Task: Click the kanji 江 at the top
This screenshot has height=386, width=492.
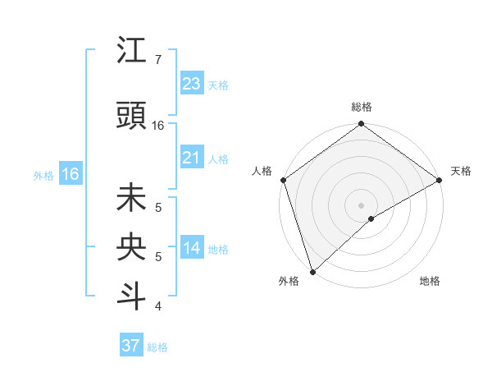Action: [131, 52]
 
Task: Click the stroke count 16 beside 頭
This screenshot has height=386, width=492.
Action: [158, 126]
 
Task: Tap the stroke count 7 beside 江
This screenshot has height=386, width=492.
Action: [157, 60]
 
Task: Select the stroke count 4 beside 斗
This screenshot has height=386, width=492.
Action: [157, 306]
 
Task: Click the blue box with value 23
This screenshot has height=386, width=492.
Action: [192, 83]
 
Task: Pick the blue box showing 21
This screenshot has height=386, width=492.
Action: [192, 157]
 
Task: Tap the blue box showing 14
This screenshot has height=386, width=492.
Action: [192, 248]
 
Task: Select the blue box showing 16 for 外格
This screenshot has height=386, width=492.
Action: [70, 174]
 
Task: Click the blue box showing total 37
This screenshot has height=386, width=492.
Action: [131, 346]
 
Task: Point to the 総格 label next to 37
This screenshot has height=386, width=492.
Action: [158, 347]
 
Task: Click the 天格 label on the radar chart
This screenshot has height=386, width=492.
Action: [462, 171]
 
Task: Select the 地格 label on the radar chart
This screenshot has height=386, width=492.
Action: [430, 281]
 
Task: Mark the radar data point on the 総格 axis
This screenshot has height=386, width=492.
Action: [361, 125]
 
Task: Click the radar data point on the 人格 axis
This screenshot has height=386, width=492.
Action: [283, 180]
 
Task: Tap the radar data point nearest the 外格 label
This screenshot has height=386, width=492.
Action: [312, 271]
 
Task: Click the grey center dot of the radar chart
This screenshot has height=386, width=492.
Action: [361, 204]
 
